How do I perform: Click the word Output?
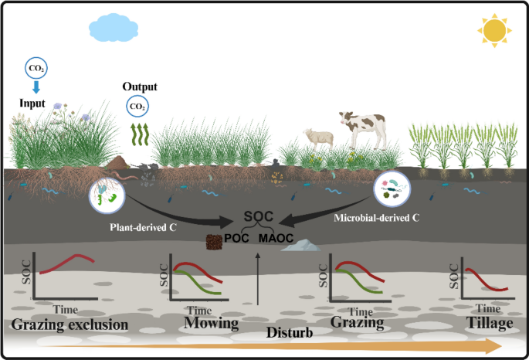tap(138, 87)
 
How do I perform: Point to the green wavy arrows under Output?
tap(138, 133)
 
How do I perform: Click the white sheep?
tap(318, 138)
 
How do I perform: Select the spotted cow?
tap(361, 128)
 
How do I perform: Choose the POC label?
tap(237, 240)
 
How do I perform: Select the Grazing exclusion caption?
tap(69, 324)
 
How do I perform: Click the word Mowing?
tap(211, 324)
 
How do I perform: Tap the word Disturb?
tap(288, 335)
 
